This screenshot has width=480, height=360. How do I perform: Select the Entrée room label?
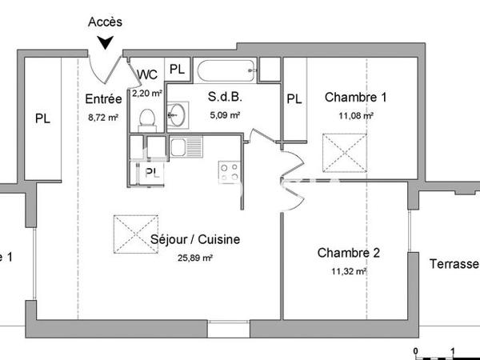(103, 99)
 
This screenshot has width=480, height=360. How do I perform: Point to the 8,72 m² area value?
(103, 117)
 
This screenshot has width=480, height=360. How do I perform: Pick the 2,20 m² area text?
(147, 94)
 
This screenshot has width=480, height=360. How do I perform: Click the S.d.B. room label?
(225, 98)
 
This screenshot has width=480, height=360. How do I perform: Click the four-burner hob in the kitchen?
(230, 171)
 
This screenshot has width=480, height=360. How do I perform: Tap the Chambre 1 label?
(356, 98)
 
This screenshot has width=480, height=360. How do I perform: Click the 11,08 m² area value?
(355, 116)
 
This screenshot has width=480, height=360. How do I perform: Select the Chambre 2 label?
(349, 253)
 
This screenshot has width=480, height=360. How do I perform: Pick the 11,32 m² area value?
(349, 271)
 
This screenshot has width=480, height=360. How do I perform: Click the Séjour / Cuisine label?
(195, 239)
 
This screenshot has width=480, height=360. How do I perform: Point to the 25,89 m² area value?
(195, 258)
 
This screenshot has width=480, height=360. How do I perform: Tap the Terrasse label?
(454, 264)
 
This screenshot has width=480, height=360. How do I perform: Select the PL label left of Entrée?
(42, 118)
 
